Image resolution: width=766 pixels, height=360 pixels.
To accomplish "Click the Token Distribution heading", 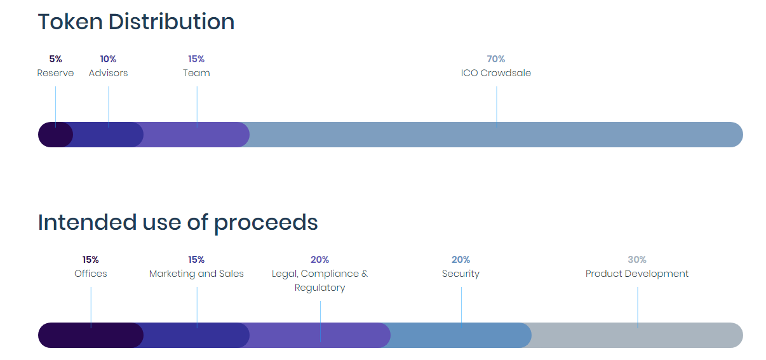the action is pyautogui.click(x=136, y=22).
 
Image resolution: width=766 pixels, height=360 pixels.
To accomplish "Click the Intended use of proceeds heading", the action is pyautogui.click(x=178, y=223).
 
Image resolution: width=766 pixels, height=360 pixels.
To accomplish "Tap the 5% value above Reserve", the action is pyautogui.click(x=55, y=59).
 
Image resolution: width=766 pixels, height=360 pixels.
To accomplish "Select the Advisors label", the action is pyautogui.click(x=108, y=73).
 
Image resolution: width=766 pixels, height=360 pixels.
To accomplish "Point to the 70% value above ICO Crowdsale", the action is pyautogui.click(x=496, y=59).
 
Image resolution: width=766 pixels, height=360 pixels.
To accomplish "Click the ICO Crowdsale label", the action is pyautogui.click(x=496, y=73).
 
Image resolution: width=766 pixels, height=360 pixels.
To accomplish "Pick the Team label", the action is pyautogui.click(x=196, y=73).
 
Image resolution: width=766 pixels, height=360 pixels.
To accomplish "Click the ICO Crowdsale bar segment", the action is pyautogui.click(x=496, y=135).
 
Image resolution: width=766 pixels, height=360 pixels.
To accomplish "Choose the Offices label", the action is pyautogui.click(x=91, y=274).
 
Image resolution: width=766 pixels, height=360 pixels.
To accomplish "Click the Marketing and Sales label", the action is pyautogui.click(x=196, y=274).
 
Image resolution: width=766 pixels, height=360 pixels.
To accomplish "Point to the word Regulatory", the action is pyautogui.click(x=319, y=288).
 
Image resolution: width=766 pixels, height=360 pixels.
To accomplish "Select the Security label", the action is pyautogui.click(x=460, y=274).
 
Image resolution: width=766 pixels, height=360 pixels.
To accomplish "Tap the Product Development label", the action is pyautogui.click(x=636, y=274).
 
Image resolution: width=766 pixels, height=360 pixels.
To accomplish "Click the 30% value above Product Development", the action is pyautogui.click(x=636, y=260).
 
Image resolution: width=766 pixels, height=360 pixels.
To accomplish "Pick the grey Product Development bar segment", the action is pyautogui.click(x=636, y=335).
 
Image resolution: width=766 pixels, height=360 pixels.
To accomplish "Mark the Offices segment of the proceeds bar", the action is pyautogui.click(x=91, y=335).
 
